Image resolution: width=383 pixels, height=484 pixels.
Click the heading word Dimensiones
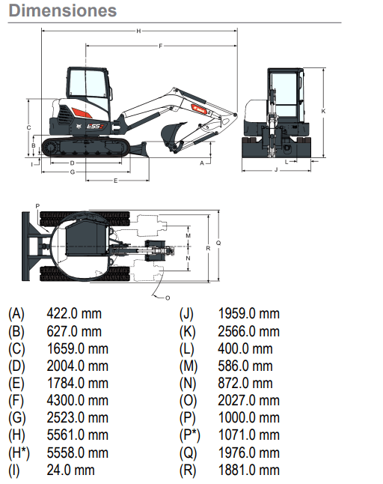tap(63, 10)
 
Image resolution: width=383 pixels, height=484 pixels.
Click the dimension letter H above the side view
tap(138, 31)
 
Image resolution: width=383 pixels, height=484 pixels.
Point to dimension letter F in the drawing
tap(161, 46)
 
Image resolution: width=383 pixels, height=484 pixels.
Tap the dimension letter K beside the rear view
tap(323, 111)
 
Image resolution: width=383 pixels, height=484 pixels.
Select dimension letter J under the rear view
tap(276, 169)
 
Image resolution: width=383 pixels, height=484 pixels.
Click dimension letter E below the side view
tap(115, 181)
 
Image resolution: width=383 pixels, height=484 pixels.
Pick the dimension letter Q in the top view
tap(218, 243)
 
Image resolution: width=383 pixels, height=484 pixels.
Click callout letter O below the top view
tap(168, 298)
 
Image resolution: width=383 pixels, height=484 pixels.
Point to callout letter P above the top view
tap(37, 206)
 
